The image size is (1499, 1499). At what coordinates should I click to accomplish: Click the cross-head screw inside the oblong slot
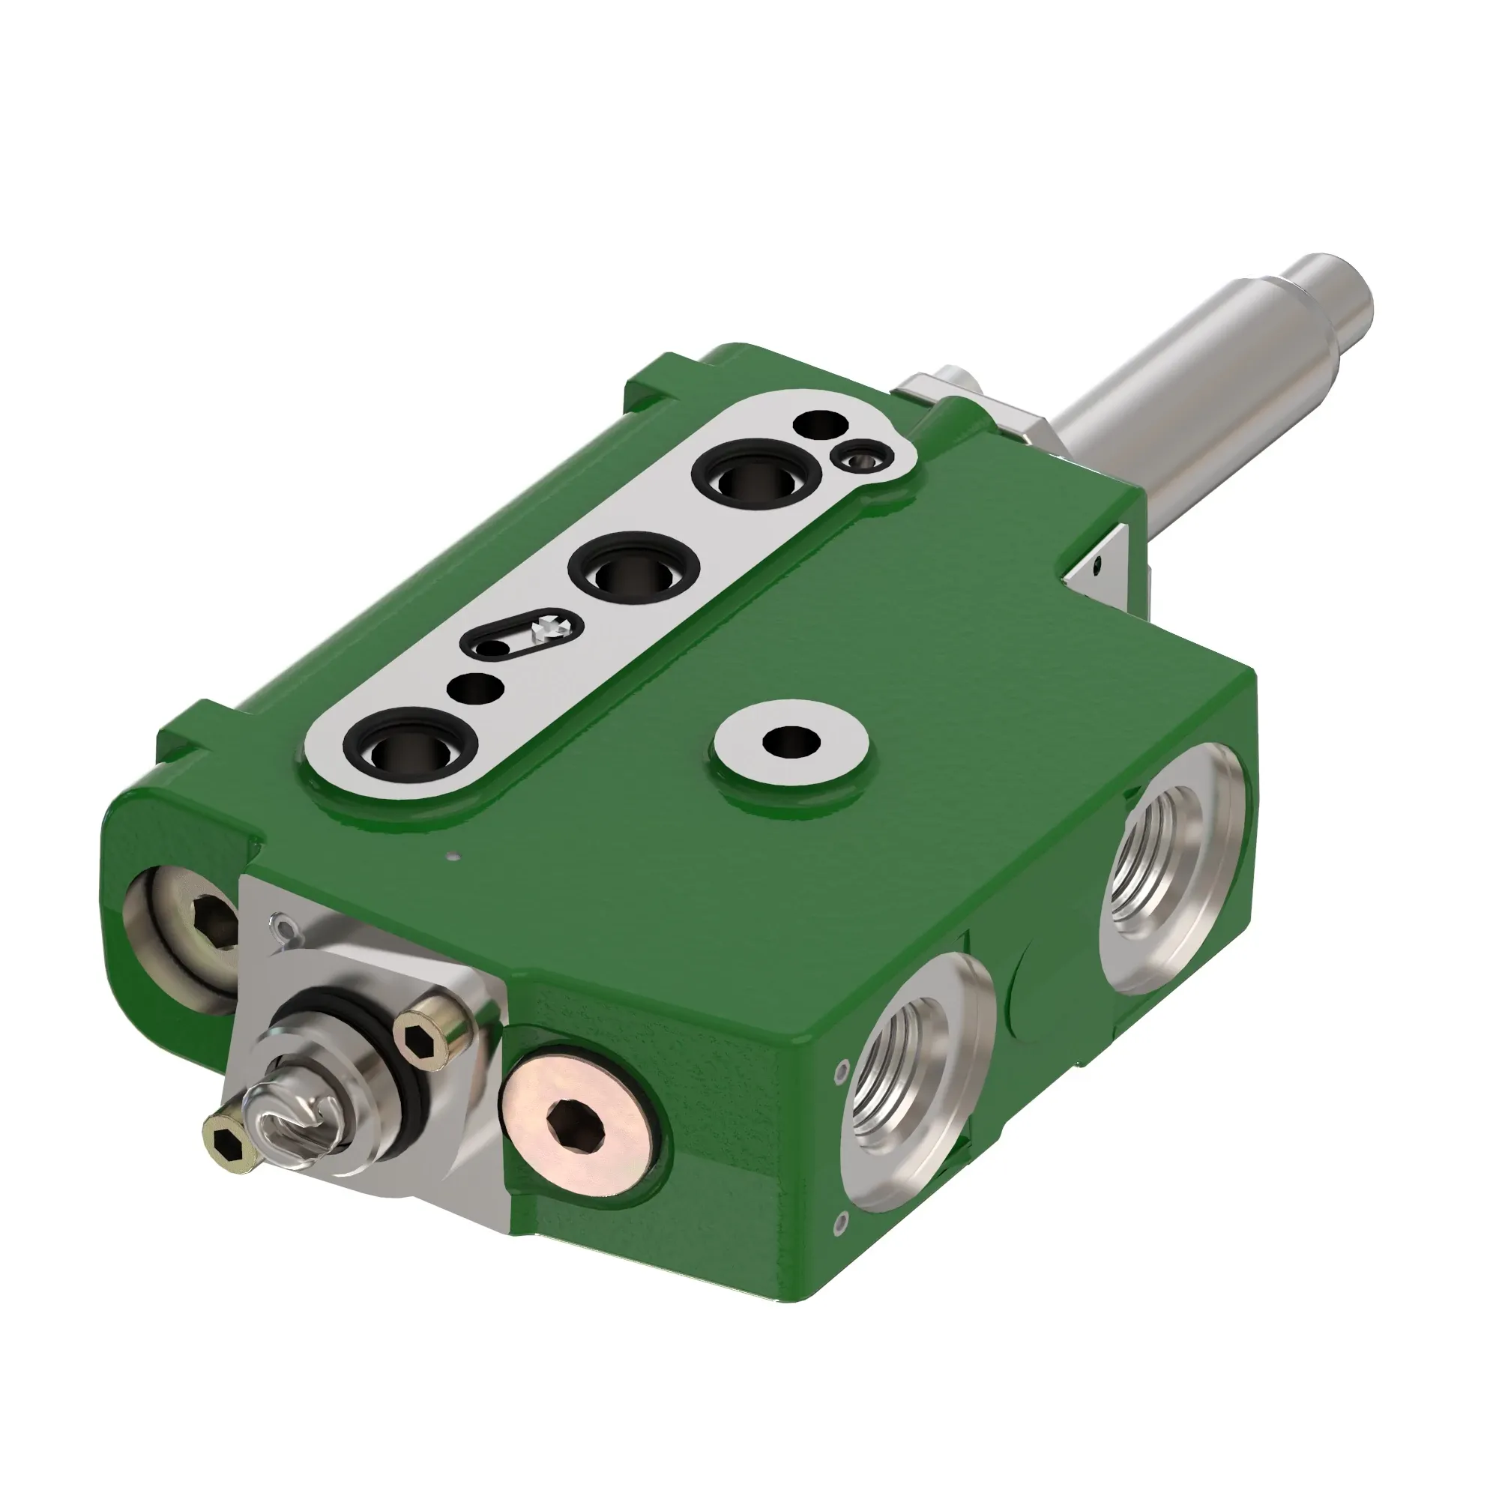[552, 624]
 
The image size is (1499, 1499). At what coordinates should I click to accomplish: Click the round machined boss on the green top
[791, 742]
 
